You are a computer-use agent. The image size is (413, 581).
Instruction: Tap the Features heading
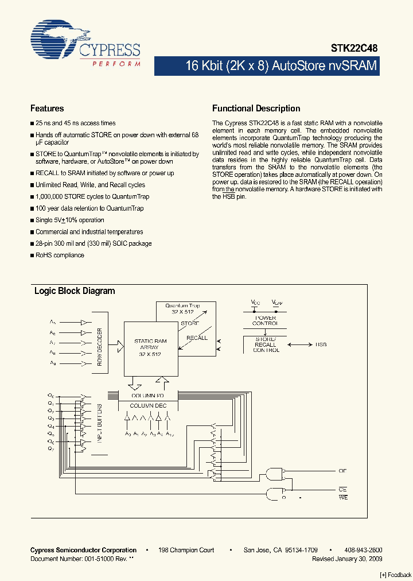point(47,109)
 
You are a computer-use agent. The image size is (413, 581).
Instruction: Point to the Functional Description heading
point(256,109)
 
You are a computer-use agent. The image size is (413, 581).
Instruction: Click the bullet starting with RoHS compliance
point(60,255)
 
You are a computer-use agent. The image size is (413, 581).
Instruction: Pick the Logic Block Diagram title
point(75,291)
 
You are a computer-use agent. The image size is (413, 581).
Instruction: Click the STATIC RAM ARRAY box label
point(150,348)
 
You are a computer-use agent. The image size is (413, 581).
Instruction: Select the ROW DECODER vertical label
point(99,347)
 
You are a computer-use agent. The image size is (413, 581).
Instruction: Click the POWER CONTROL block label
point(264,320)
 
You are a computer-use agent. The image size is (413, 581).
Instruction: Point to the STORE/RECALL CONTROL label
point(266,345)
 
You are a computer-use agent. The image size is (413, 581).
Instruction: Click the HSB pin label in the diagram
point(321,345)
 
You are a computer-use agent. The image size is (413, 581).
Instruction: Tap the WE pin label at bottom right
point(343,497)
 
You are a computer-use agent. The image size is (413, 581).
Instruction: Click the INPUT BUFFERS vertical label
point(99,423)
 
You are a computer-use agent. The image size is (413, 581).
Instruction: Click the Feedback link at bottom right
point(396,575)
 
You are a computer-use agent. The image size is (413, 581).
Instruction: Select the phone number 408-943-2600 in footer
point(364,550)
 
